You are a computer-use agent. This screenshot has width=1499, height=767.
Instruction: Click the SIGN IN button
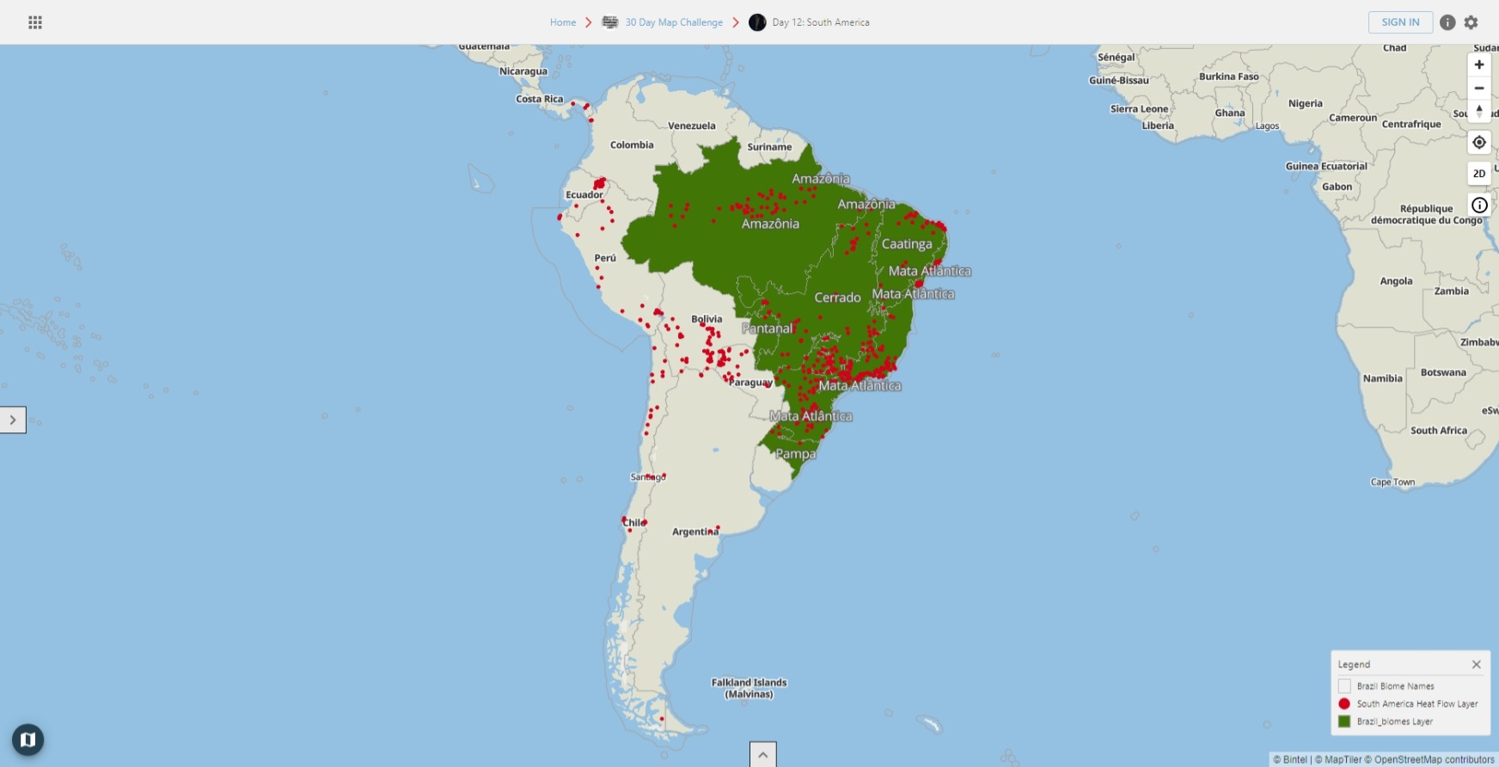click(1400, 22)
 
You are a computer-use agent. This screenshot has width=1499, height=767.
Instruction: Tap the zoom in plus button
click(1479, 64)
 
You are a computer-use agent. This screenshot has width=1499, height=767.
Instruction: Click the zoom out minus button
click(1479, 89)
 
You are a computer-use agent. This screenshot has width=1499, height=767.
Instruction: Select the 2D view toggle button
click(1479, 174)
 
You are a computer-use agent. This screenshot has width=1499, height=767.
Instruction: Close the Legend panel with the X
click(1476, 665)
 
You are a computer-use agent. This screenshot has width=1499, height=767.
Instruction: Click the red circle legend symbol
click(1344, 704)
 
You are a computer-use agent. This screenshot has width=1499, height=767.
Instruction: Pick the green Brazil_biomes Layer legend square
click(1344, 721)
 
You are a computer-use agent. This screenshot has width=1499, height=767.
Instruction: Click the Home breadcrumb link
click(563, 22)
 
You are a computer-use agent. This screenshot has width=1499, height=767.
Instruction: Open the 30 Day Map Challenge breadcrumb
click(673, 22)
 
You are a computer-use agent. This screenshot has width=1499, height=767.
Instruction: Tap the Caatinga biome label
click(906, 244)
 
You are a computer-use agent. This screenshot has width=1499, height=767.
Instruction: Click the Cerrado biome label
click(837, 298)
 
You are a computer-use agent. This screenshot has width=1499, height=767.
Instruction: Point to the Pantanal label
click(767, 328)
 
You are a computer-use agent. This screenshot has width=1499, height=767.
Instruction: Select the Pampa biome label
click(796, 454)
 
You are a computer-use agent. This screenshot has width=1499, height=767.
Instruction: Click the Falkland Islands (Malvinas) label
click(749, 688)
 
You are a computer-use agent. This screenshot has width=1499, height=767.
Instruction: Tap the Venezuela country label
click(691, 126)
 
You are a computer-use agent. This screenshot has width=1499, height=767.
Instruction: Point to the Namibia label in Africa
click(1382, 378)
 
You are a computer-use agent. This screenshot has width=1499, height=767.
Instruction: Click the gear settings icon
click(1471, 22)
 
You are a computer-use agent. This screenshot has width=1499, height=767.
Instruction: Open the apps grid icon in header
click(35, 22)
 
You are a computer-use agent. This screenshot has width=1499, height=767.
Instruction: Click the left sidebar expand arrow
click(13, 420)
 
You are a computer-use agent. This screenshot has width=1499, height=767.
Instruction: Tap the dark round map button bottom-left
click(28, 739)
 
